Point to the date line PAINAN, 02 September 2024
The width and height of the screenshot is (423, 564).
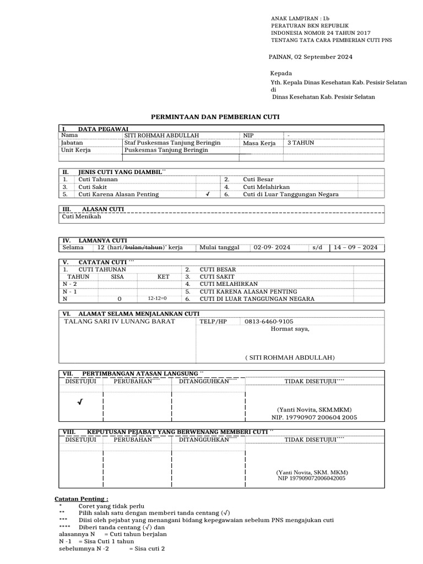[310, 57]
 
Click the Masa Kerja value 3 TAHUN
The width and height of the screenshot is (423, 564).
[302, 143]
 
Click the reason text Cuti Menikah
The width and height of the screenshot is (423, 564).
[82, 217]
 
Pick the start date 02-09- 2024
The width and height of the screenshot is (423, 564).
[273, 248]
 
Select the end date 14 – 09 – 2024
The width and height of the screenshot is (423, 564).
[355, 248]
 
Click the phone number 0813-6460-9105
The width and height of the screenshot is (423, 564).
[269, 322]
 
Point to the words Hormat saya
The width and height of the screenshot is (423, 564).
[290, 329]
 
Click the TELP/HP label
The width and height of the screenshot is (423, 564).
[213, 322]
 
